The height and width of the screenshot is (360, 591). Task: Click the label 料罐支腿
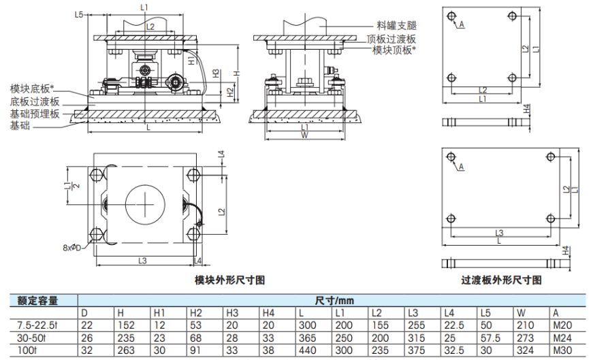coord(396,24)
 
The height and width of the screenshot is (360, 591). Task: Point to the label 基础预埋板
coord(34,114)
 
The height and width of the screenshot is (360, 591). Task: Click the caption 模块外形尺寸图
coord(229,280)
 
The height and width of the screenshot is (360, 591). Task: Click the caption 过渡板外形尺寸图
coord(501,280)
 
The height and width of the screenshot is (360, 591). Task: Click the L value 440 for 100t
coord(308,350)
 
